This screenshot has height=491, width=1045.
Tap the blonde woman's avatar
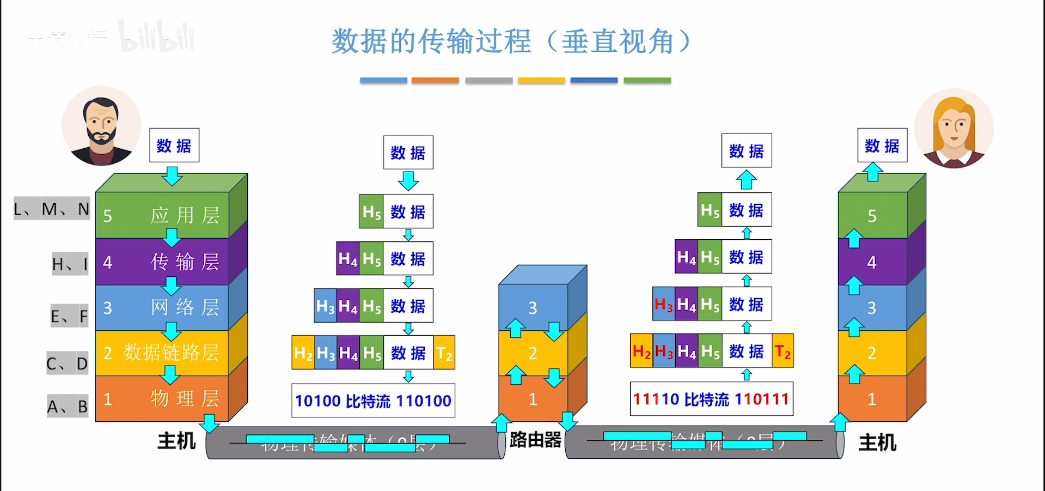954,129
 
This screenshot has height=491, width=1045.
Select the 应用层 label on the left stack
185,215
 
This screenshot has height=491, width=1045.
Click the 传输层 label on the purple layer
185,262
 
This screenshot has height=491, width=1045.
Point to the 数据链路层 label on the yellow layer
171,353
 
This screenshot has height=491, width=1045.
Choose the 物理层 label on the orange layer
185,398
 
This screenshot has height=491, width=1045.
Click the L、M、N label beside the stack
52,209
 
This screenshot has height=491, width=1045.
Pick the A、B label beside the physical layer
68,407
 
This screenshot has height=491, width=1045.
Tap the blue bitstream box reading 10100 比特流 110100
373,401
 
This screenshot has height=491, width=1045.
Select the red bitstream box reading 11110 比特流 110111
711,399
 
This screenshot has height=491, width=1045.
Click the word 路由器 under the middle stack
535,440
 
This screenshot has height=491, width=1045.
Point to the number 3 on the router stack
533,308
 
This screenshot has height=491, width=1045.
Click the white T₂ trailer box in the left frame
444,353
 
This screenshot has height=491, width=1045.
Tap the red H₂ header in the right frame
641,351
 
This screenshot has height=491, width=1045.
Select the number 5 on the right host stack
872,216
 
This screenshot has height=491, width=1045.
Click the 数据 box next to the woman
882,146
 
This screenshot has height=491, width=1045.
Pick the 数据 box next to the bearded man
174,146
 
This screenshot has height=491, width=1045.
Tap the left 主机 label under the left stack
176,441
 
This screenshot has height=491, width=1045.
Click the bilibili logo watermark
156,37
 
